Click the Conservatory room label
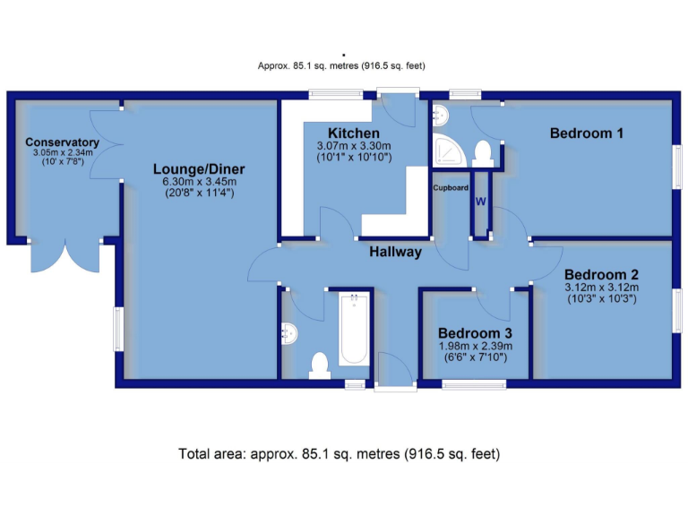[x=61, y=142]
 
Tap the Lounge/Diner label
[x=199, y=169]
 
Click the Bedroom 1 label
[x=587, y=133]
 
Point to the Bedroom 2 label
[x=600, y=274]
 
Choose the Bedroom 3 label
[x=476, y=332]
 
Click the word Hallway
[x=395, y=252]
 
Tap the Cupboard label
[x=451, y=188]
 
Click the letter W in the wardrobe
[x=480, y=202]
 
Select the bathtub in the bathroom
[x=354, y=329]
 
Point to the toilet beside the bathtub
[x=319, y=364]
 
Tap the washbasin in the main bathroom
[x=288, y=333]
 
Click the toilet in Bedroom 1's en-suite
[x=482, y=152]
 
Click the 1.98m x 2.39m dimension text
[x=476, y=346]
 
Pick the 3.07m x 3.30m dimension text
[x=355, y=146]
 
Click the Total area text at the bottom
[x=340, y=454]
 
